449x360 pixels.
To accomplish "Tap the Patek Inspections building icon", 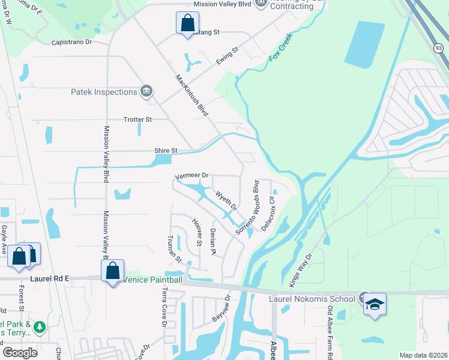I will [146, 91].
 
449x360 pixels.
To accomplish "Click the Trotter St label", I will [137, 119].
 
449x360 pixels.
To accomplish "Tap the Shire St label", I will [166, 151].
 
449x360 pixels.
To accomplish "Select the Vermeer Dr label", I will [191, 176].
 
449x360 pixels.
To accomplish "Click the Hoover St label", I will [196, 233].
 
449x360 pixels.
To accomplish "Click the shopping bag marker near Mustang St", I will [187, 23].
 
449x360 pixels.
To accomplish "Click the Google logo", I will [20, 353].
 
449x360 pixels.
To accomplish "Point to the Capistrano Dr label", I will [71, 43].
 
